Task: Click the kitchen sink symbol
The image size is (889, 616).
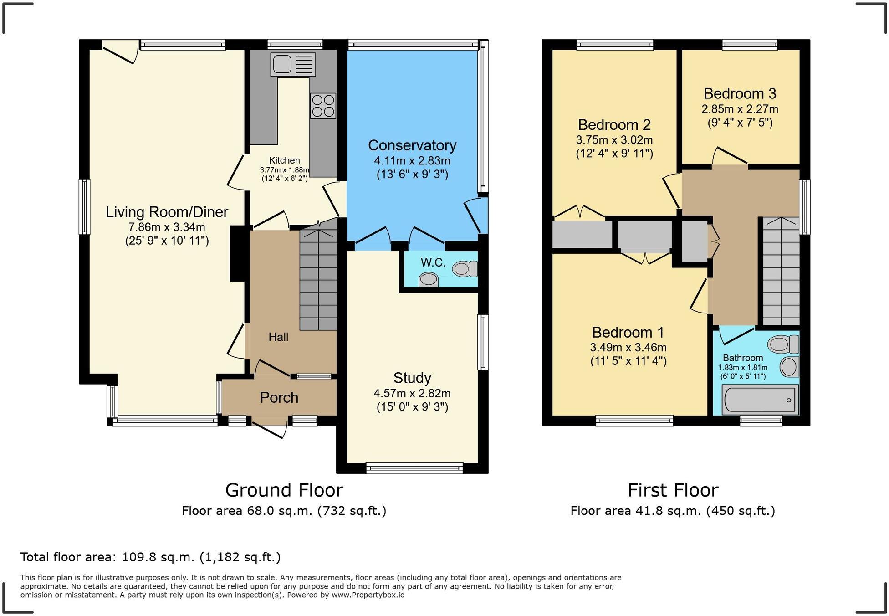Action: [x=293, y=64]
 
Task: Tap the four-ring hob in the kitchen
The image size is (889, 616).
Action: [x=323, y=106]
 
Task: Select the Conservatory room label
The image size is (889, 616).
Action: [x=412, y=145]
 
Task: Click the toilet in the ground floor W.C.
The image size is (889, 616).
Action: [x=464, y=268]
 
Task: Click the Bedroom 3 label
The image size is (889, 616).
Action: [x=740, y=93]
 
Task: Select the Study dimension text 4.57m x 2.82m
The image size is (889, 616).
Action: [x=412, y=393]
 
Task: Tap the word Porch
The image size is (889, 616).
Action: [x=279, y=398]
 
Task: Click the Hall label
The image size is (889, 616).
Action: [x=278, y=337]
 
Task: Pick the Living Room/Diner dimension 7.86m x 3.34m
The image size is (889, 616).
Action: [x=167, y=227]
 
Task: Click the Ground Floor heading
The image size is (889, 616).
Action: [x=284, y=490]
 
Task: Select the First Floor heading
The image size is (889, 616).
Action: [x=673, y=490]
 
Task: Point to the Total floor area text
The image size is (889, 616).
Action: [x=150, y=557]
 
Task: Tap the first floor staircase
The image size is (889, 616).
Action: [x=781, y=273]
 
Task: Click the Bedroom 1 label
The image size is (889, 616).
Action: [x=628, y=332]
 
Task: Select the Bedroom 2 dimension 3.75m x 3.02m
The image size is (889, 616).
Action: [x=614, y=140]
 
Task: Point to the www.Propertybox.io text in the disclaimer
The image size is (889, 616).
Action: [x=368, y=595]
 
